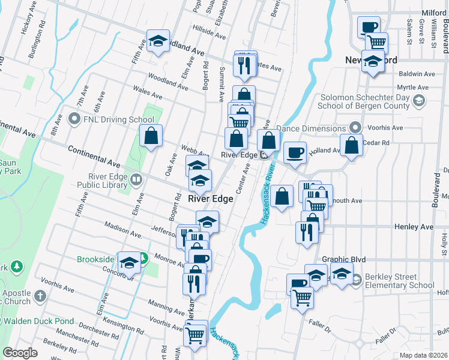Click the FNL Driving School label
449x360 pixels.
pyautogui.click(x=112, y=119)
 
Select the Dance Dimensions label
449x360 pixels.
pyautogui.click(x=313, y=128)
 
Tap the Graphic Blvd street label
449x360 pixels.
pyautogui.click(x=344, y=259)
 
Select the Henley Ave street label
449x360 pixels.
pyautogui.click(x=414, y=227)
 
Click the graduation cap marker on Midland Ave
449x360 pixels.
pyautogui.click(x=158, y=40)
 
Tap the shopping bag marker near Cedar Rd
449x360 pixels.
pyautogui.click(x=352, y=145)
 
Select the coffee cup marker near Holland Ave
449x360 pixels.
pyautogui.click(x=294, y=152)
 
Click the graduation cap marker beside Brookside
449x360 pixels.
pyautogui.click(x=129, y=262)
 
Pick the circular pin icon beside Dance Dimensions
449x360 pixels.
pyautogui.click(x=355, y=128)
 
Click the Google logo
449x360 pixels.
pyautogui.click(x=20, y=353)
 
